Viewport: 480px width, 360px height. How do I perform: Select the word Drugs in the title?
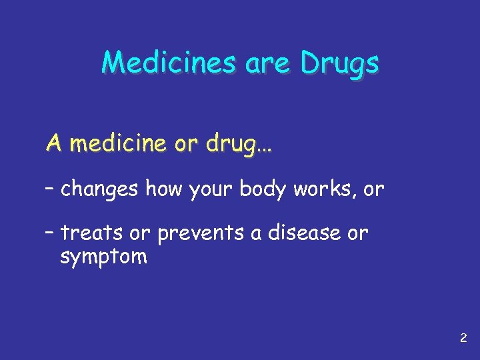click(x=339, y=65)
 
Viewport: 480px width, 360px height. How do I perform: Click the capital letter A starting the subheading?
click(x=53, y=143)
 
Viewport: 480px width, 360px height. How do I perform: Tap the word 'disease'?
click(x=306, y=233)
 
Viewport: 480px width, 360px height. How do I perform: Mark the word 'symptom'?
click(x=103, y=257)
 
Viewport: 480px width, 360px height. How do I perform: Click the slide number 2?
click(x=463, y=339)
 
